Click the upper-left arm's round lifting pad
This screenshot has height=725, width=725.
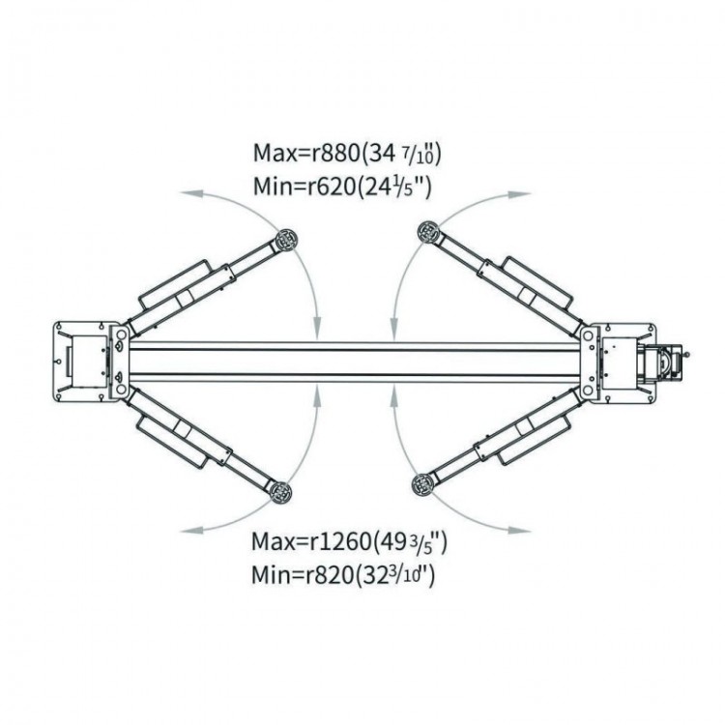[x=287, y=240]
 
